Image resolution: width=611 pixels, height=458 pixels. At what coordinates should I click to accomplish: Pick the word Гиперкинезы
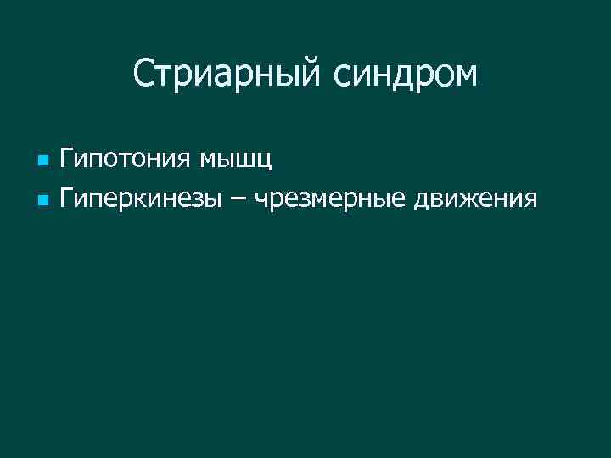(x=143, y=199)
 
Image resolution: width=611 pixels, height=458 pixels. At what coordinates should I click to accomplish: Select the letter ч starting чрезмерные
(x=261, y=200)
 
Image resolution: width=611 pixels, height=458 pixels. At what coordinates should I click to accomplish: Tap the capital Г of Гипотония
(x=67, y=157)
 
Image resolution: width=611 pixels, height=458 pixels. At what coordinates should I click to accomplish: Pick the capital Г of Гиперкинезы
(x=67, y=199)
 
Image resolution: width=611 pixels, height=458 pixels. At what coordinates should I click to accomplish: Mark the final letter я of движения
(x=530, y=200)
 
